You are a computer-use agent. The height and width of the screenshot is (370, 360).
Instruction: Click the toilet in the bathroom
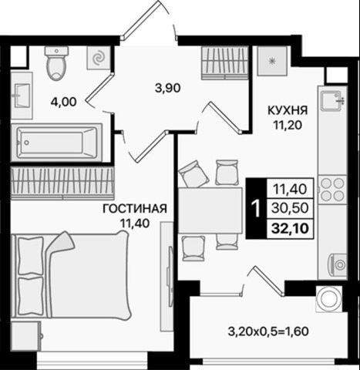56,65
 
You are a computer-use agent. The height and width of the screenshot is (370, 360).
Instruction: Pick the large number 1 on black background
254,207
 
